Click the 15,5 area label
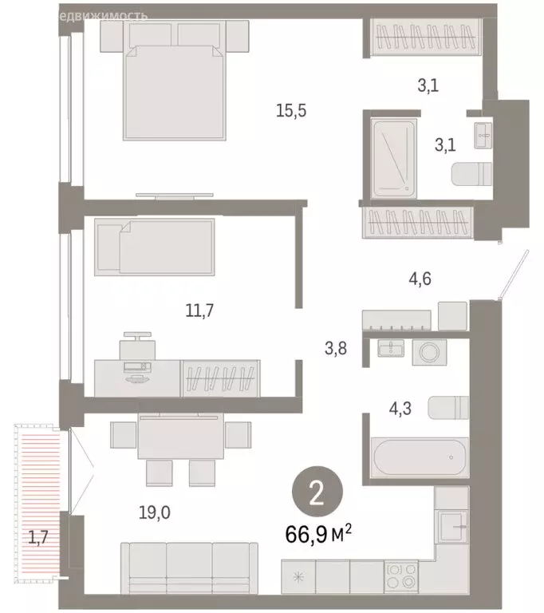[291, 112]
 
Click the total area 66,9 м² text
[318, 532]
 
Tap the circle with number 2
[317, 494]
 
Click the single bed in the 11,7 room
[155, 247]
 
